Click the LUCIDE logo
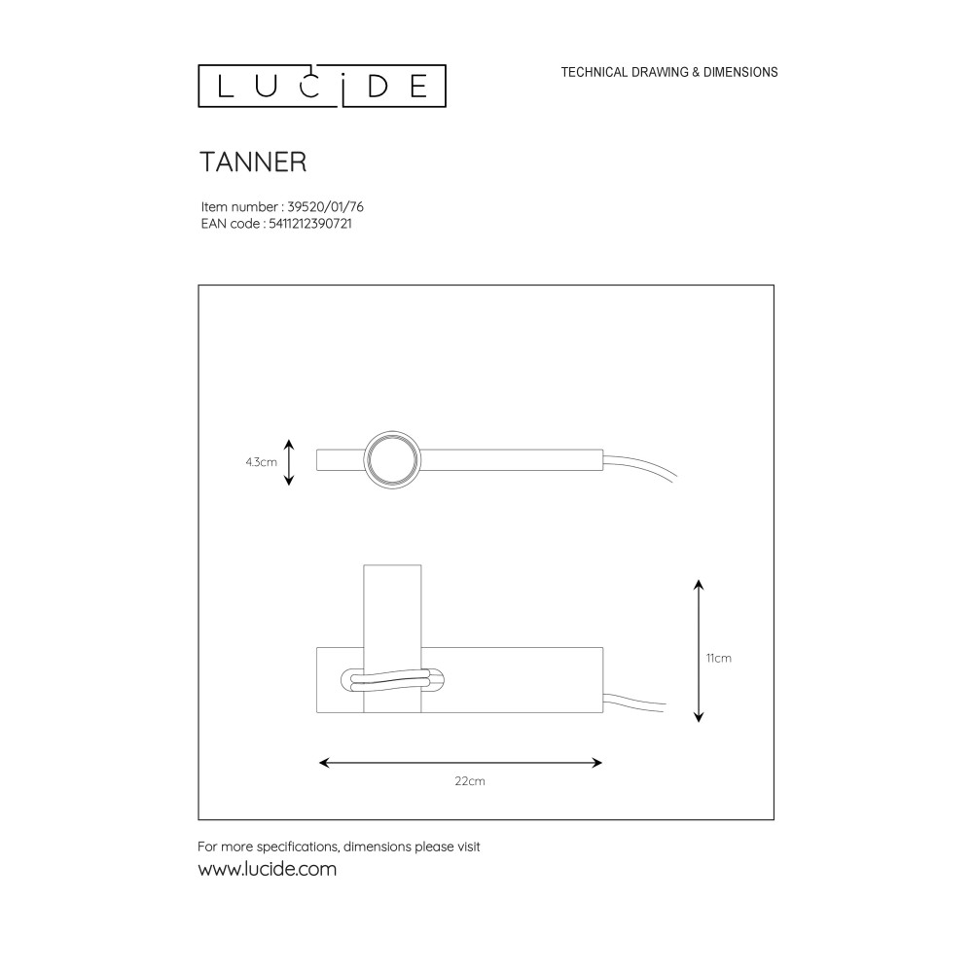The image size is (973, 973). pyautogui.click(x=321, y=87)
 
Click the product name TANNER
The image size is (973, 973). pyautogui.click(x=253, y=162)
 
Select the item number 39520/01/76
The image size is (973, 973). pyautogui.click(x=325, y=206)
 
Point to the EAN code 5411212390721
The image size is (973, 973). pyautogui.click(x=310, y=224)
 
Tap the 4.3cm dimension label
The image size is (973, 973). pyautogui.click(x=261, y=462)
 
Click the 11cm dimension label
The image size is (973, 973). pyautogui.click(x=719, y=659)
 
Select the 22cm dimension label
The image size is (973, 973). pyautogui.click(x=470, y=781)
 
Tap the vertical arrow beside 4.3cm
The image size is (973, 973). pyautogui.click(x=289, y=462)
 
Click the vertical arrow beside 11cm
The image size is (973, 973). pyautogui.click(x=699, y=651)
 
